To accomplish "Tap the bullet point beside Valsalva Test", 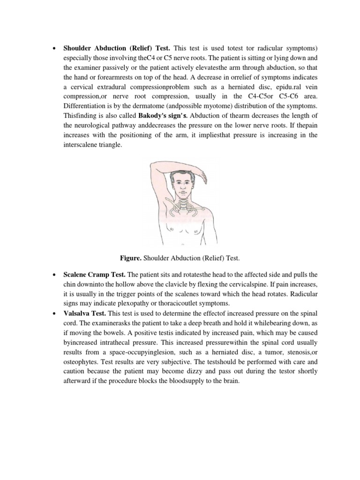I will (55, 314).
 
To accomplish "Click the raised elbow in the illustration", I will (153, 167).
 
